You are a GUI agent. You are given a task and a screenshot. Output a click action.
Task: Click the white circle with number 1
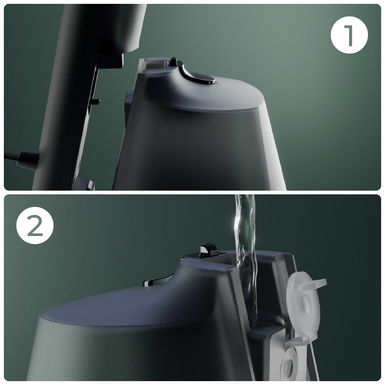point(349,35)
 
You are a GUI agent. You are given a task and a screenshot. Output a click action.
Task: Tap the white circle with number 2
point(35,225)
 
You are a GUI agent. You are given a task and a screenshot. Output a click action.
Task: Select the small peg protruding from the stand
point(95,102)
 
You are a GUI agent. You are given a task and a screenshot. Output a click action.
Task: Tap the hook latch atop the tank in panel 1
point(176,62)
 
